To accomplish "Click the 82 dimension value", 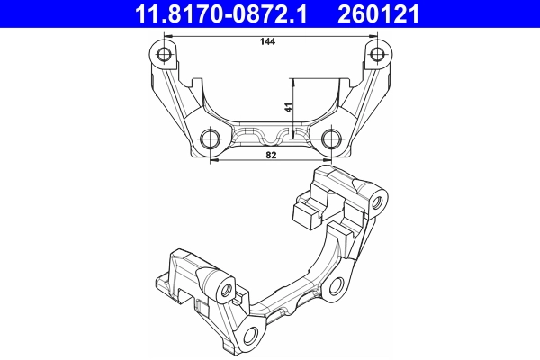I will (x=271, y=156).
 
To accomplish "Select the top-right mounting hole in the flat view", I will (x=377, y=56).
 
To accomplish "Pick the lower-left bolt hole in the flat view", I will (x=210, y=138).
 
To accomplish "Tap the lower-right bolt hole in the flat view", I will (x=331, y=138).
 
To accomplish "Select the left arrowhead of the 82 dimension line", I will (x=213, y=162).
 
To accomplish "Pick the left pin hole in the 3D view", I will (x=227, y=290).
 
